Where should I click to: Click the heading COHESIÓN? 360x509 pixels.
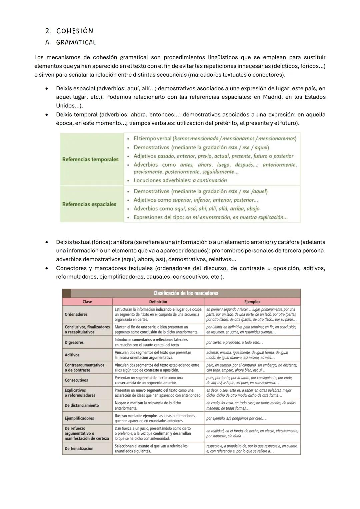(74, 31)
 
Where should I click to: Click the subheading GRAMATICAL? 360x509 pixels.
(76, 42)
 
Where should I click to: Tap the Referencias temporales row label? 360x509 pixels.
(90, 159)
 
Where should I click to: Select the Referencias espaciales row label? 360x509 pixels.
(89, 204)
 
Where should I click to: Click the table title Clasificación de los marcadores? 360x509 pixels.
(186, 293)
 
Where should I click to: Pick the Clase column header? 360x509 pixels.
(87, 302)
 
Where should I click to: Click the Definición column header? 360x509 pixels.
(158, 302)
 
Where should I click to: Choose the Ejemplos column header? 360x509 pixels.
(252, 302)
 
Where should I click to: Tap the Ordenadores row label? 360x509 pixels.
(76, 314)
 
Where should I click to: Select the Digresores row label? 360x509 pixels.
(74, 342)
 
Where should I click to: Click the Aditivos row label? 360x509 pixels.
(72, 355)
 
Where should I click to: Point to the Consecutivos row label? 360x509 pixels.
(76, 380)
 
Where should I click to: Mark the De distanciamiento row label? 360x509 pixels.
(82, 405)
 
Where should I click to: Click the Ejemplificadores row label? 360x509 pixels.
(79, 418)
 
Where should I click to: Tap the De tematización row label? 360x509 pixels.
(79, 449)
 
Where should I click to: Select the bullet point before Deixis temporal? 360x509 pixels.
(48, 115)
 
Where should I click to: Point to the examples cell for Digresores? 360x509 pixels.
(234, 342)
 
